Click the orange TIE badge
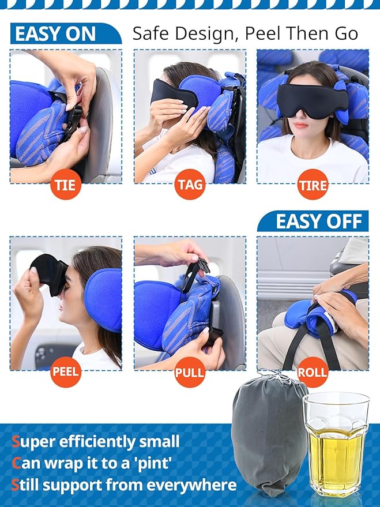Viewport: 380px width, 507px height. click(x=66, y=186)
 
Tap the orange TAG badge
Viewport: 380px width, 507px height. click(x=190, y=186)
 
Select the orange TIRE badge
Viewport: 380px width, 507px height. click(x=313, y=186)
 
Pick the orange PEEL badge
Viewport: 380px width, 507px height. click(x=66, y=371)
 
